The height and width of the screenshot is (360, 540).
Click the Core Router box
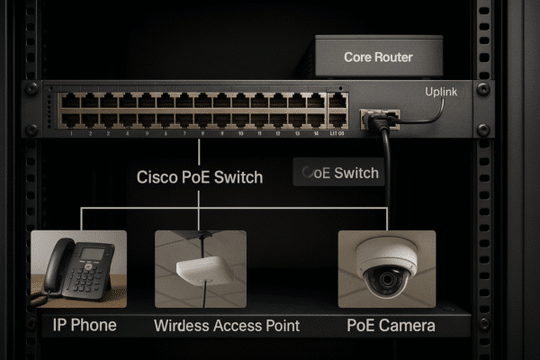pyautogui.click(x=378, y=56)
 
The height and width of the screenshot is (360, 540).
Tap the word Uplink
pyautogui.click(x=441, y=92)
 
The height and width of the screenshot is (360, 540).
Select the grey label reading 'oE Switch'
pyautogui.click(x=339, y=173)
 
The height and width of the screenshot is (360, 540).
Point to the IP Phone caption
pyautogui.click(x=80, y=324)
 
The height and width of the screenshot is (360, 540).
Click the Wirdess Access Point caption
pyautogui.click(x=227, y=325)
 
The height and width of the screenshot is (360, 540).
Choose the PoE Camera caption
pyautogui.click(x=391, y=324)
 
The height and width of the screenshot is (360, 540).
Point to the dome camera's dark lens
pyautogui.click(x=386, y=280)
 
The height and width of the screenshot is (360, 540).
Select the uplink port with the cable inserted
pyautogui.click(x=372, y=118)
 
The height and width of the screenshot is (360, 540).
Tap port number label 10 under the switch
pyautogui.click(x=240, y=132)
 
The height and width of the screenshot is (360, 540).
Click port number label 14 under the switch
pyautogui.click(x=315, y=132)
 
